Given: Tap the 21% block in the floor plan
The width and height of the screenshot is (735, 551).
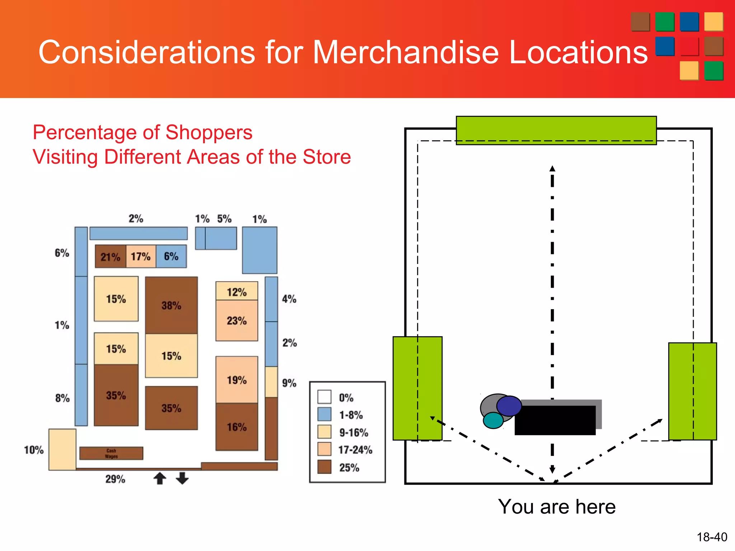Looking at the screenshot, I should [111, 256].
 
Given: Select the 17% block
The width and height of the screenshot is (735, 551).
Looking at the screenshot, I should [141, 256].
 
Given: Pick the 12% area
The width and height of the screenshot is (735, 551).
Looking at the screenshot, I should [237, 291].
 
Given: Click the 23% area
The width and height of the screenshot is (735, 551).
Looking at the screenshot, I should [237, 320].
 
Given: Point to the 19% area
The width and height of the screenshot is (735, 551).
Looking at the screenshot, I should [237, 380].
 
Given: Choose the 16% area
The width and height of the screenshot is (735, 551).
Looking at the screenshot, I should [237, 427].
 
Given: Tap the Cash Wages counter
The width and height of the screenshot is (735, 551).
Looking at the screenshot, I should [111, 453].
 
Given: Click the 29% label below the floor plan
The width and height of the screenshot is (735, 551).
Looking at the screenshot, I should [115, 479].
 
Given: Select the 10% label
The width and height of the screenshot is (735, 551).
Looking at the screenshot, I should [34, 450].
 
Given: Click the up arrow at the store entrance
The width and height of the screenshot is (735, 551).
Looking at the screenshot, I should [160, 478].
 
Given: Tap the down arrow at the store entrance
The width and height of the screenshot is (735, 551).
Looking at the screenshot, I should [182, 478].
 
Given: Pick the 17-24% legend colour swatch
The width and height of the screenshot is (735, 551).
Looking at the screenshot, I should [324, 449].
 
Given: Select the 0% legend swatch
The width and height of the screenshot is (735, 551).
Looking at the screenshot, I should [324, 397].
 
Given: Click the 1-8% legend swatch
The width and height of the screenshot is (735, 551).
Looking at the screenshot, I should [324, 414].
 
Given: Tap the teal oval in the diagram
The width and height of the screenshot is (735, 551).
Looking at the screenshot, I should [493, 420].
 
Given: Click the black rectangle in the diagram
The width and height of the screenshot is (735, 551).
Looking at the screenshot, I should [555, 420].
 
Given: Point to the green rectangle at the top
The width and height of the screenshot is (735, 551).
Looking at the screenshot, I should [556, 130].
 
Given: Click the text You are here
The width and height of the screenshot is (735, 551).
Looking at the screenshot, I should [557, 507].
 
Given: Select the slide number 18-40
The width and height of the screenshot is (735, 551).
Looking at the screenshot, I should [712, 537].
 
